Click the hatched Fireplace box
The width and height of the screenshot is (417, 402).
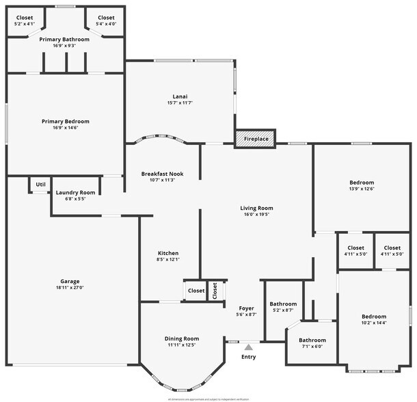[x=256, y=139]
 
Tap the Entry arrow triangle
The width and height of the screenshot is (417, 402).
[x=248, y=347]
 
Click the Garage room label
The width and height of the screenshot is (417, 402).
[x=70, y=282]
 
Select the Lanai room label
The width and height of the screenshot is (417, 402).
[x=180, y=96]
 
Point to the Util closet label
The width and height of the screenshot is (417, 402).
[x=40, y=185]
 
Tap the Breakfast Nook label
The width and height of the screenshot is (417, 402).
[x=163, y=174]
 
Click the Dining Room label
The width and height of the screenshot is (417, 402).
[x=181, y=338]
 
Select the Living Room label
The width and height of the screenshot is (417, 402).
[x=256, y=208]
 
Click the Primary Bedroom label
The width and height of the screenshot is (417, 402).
[x=65, y=122]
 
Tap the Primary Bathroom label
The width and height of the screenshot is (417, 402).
[x=64, y=40]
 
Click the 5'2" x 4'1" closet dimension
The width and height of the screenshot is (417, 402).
[x=24, y=24]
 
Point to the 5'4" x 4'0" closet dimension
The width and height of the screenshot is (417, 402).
[x=106, y=24]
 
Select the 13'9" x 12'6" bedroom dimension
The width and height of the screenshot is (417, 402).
[x=362, y=189]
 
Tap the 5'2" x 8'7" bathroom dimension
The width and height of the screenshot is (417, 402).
[x=282, y=310]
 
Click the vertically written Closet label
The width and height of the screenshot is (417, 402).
[x=214, y=291]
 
